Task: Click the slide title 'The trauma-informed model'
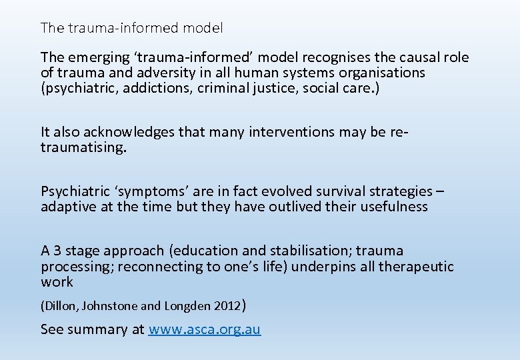(132, 28)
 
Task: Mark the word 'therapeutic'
(415, 267)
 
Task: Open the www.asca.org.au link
(205, 329)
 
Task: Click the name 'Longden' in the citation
(187, 307)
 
